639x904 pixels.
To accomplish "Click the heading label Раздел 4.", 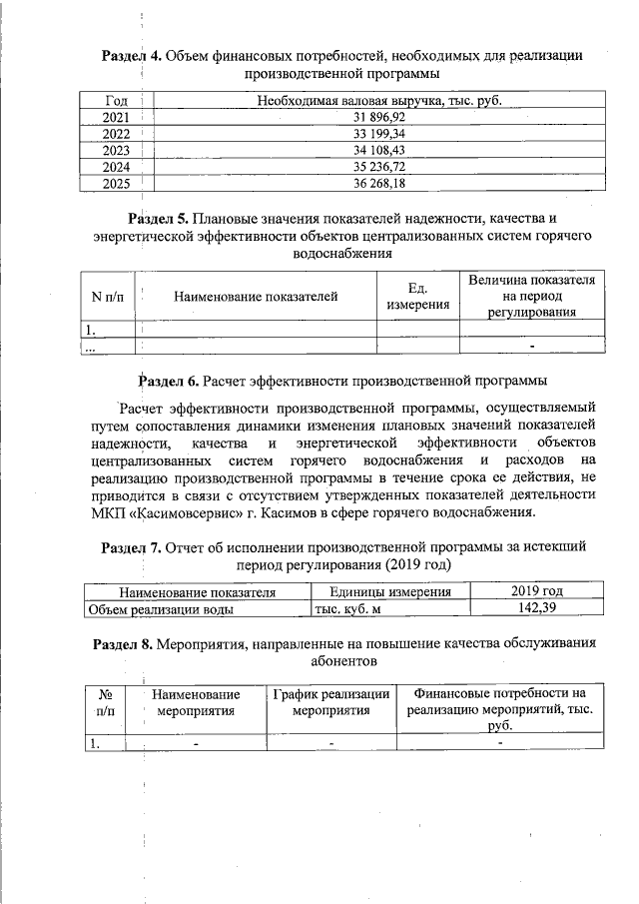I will (x=132, y=55).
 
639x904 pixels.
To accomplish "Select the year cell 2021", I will (x=116, y=117).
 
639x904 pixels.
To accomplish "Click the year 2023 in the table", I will (x=116, y=149).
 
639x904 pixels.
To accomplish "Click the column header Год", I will (x=116, y=101).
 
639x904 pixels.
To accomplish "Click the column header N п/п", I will (x=107, y=296).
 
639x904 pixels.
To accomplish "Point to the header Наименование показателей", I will (x=256, y=296).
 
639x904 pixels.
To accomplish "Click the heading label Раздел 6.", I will (x=168, y=381).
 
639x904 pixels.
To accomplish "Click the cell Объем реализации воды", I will (x=162, y=608).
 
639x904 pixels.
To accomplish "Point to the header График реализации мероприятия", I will (x=330, y=702).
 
